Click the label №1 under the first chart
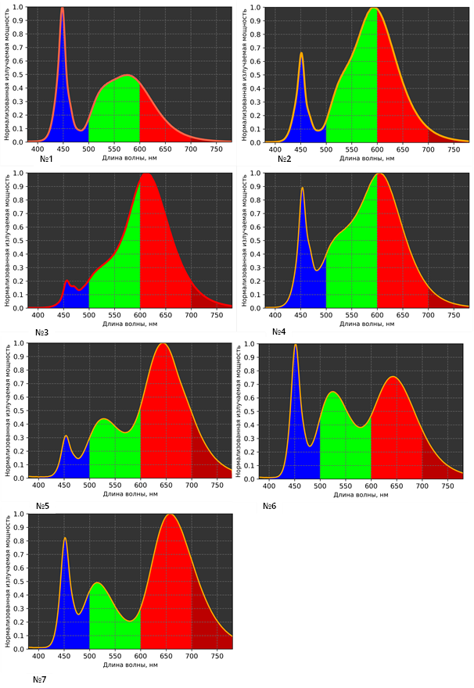point(45,159)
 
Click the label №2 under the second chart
point(284,159)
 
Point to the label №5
point(44,506)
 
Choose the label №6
point(279,506)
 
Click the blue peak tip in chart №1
point(63,9)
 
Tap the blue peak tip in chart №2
point(301,53)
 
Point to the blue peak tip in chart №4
point(302,188)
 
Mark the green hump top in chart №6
point(332,392)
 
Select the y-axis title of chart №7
point(6,582)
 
